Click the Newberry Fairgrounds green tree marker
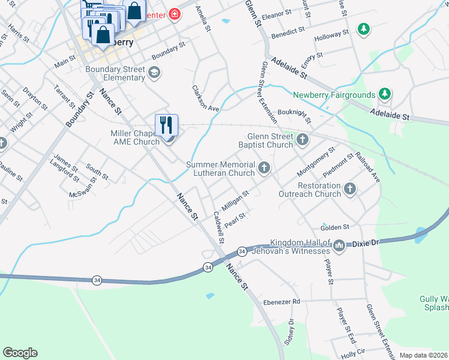[x=385, y=94]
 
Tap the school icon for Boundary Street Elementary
[x=154, y=73]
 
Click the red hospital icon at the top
[x=175, y=13]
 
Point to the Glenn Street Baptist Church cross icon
[x=302, y=140]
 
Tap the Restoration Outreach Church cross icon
[x=350, y=190]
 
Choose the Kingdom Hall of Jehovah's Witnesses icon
[x=339, y=245]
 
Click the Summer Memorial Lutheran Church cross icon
[x=264, y=168]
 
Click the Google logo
[x=20, y=353]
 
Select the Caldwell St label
[x=219, y=227]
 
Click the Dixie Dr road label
[x=367, y=244]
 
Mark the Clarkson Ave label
[x=205, y=98]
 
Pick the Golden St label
[x=335, y=227]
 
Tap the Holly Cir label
[x=353, y=354]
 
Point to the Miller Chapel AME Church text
[x=135, y=137]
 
